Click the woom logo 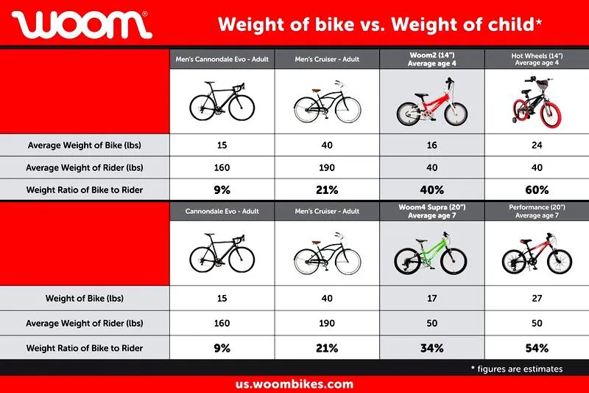[82, 24]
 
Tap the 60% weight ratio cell [537, 190]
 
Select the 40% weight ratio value [432, 190]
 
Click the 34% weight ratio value [432, 348]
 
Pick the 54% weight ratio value [537, 348]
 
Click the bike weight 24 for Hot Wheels [537, 145]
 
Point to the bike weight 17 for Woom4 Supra [432, 298]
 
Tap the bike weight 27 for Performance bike [537, 298]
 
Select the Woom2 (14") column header [432, 59]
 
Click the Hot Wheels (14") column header [537, 59]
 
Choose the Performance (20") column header [537, 212]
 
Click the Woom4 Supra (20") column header [432, 212]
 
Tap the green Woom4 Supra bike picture [431, 254]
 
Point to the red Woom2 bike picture [432, 102]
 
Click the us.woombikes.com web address [294, 384]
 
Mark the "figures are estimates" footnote [517, 369]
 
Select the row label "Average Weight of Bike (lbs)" [85, 145]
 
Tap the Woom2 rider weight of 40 [432, 167]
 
